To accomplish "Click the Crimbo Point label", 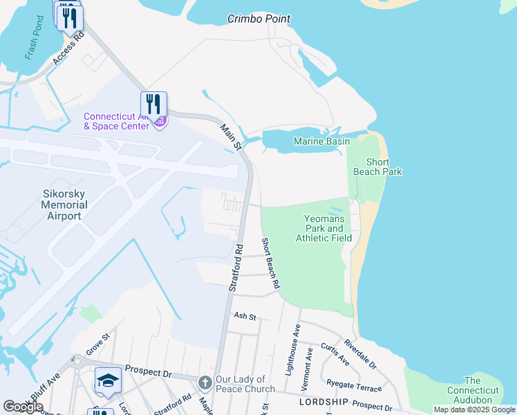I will click(x=258, y=19).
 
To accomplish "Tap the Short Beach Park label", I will click(x=377, y=167).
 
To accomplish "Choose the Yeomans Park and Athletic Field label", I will click(x=323, y=228).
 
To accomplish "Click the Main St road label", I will click(x=231, y=137).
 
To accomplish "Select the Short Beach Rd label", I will click(x=270, y=263).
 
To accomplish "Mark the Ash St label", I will click(x=245, y=317).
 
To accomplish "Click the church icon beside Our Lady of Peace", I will click(x=205, y=382).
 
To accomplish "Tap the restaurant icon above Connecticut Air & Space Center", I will click(x=153, y=104).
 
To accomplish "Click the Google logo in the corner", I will click(x=23, y=407).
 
